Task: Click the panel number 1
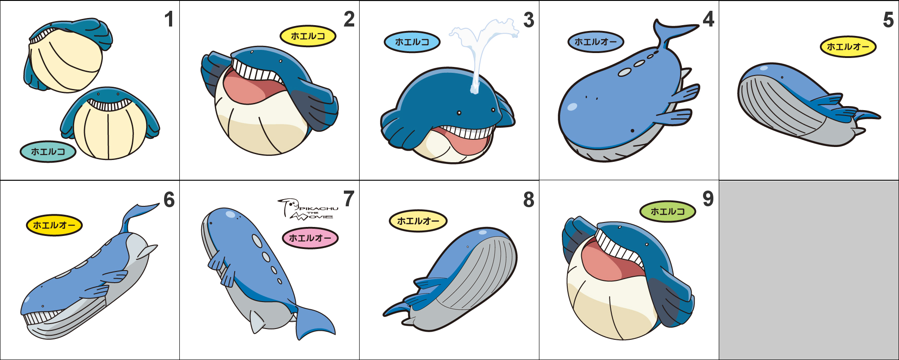(x=169, y=19)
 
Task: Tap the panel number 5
(x=888, y=20)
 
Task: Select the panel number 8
(x=529, y=200)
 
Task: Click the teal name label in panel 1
(x=48, y=151)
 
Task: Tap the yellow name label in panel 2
(x=308, y=36)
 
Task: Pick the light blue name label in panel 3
(x=412, y=42)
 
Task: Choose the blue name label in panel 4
(x=596, y=42)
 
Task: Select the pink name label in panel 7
(x=310, y=238)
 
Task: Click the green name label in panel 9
(x=668, y=211)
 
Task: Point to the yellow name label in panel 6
(x=54, y=225)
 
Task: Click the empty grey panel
(x=809, y=270)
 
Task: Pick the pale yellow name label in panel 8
(x=418, y=221)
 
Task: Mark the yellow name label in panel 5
(x=848, y=46)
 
